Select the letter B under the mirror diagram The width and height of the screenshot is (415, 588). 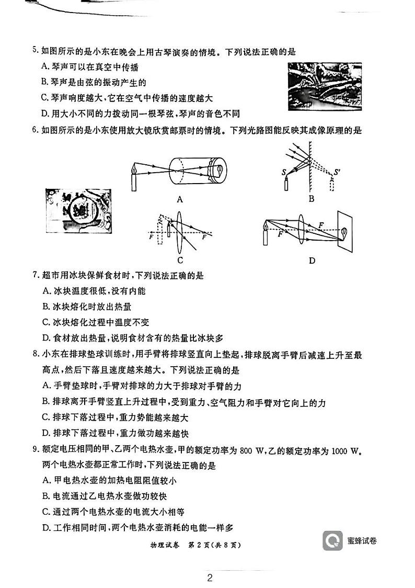[x=311, y=199]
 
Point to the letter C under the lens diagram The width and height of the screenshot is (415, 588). [x=180, y=260]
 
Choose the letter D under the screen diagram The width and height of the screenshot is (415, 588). [x=312, y=260]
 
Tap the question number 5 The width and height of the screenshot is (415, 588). [x=35, y=51]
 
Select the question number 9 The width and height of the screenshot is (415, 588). [x=35, y=451]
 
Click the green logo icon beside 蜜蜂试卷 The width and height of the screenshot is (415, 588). [x=332, y=541]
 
